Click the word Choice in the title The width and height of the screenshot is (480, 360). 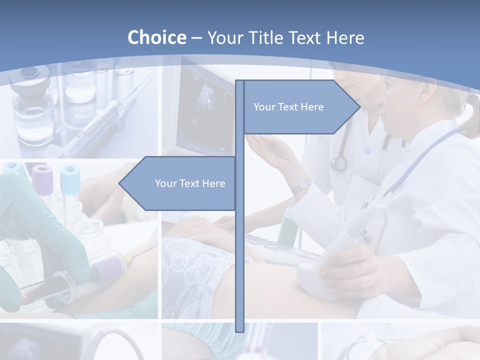click(156, 37)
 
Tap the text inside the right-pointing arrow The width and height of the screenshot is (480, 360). click(288, 107)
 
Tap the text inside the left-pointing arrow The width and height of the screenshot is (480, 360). click(190, 183)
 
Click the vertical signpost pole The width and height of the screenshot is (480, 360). click(239, 250)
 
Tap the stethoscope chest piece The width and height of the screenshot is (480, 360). click(338, 163)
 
